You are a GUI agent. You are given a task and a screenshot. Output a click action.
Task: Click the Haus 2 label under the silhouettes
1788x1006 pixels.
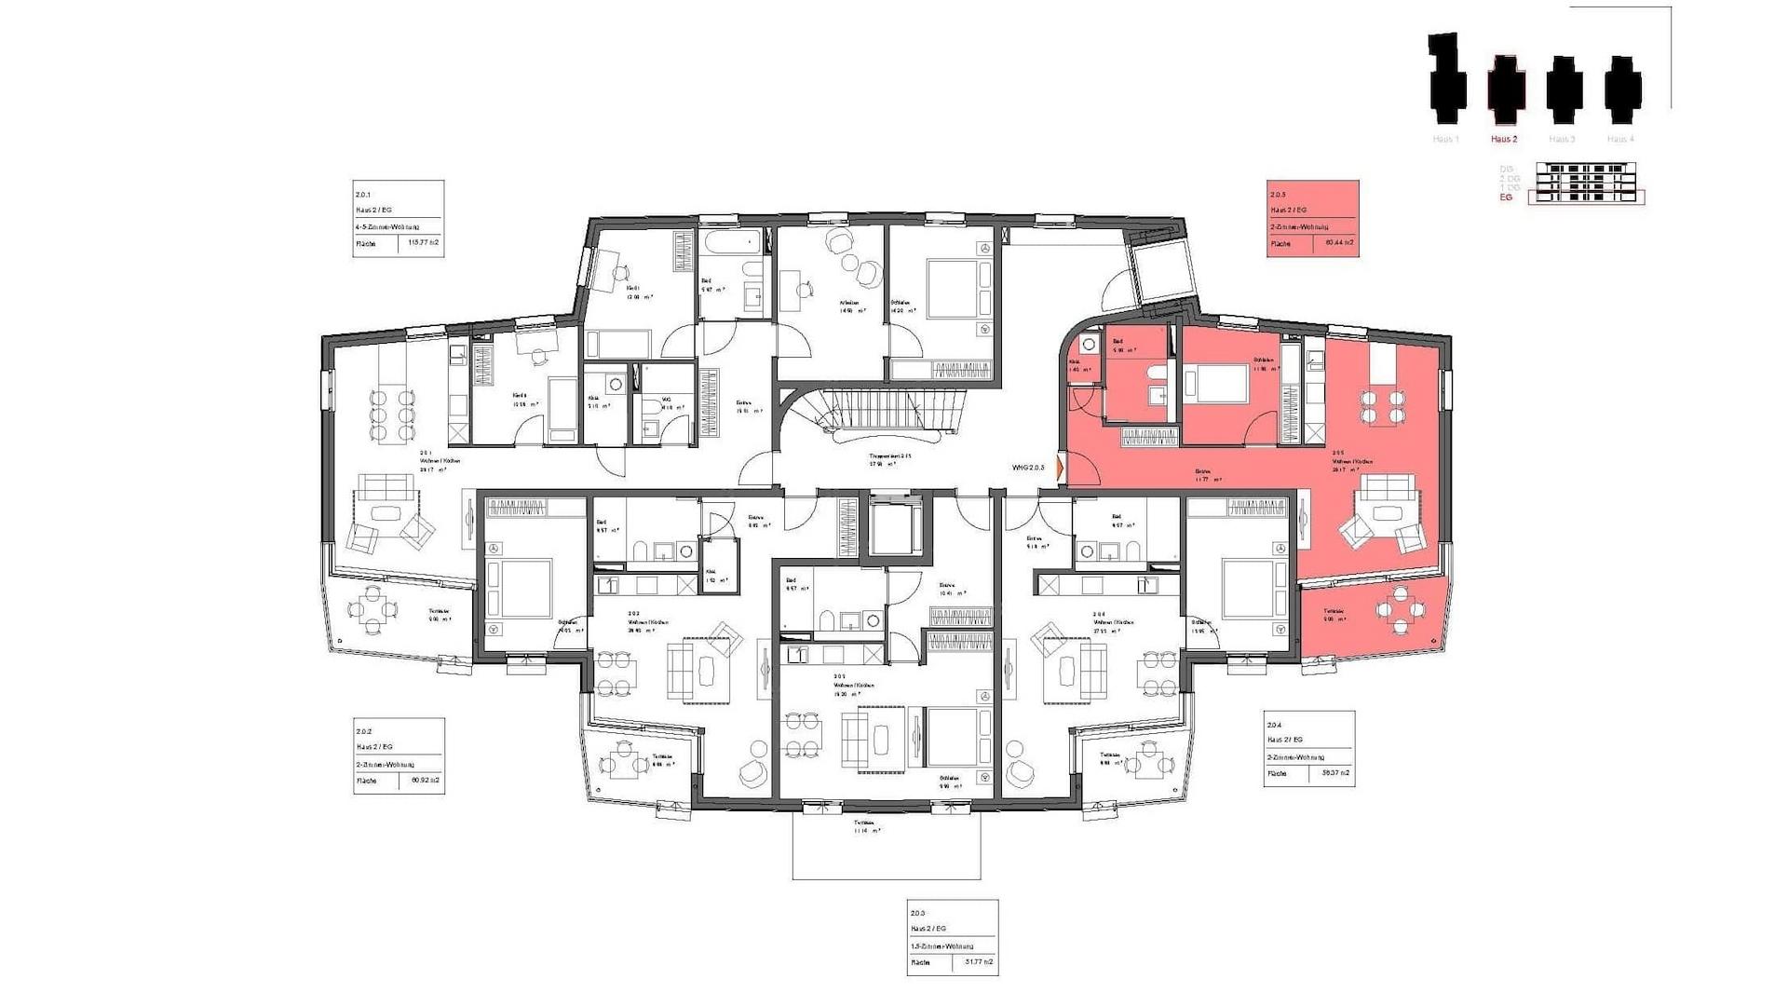[x=1504, y=139]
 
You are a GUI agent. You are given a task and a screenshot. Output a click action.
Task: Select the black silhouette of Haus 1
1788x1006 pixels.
[x=1446, y=79]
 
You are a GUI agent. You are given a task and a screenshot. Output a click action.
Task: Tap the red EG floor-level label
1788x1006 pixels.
[x=1506, y=197]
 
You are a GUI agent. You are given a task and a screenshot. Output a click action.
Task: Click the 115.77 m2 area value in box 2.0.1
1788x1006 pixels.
[x=423, y=244]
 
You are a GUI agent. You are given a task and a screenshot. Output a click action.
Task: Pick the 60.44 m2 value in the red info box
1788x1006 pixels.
[x=1338, y=244]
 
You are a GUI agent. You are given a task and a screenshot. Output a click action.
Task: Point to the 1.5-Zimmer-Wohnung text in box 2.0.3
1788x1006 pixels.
[x=942, y=945]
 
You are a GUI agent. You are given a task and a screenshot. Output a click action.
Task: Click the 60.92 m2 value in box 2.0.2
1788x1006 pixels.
[x=424, y=781]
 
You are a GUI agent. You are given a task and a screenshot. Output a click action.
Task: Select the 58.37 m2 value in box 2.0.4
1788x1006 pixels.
[x=1334, y=773]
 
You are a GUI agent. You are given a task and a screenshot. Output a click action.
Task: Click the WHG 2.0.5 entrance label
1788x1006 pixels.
[x=1028, y=468]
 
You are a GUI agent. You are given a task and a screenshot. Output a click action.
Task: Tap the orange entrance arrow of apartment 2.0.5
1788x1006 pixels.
[x=1061, y=468]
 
